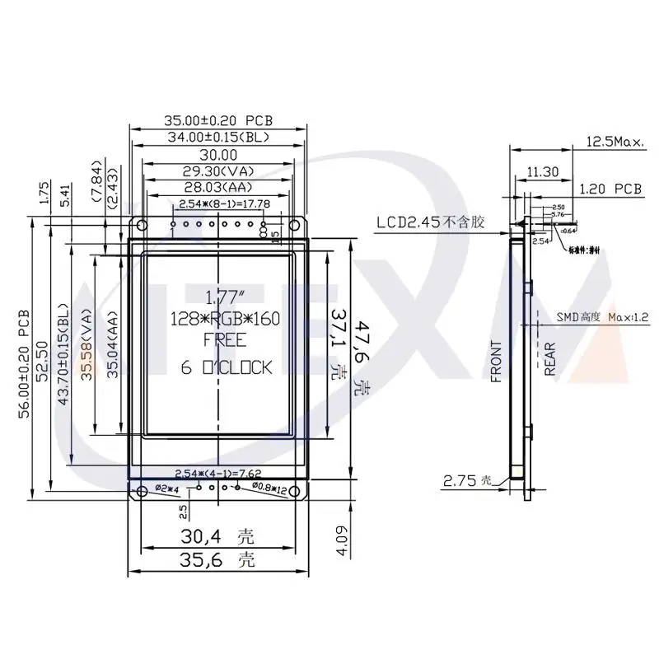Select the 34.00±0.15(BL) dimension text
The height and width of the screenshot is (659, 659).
[x=219, y=137]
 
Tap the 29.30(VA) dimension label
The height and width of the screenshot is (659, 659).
[x=219, y=172]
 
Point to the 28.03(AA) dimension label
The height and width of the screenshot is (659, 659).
[x=219, y=189]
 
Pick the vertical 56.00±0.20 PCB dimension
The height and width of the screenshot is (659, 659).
[x=24, y=364]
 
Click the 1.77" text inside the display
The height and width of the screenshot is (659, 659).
[x=219, y=297]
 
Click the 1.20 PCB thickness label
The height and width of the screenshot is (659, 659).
[x=610, y=189]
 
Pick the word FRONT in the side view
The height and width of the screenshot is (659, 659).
[x=496, y=362]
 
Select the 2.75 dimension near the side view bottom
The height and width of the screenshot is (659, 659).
[x=460, y=480]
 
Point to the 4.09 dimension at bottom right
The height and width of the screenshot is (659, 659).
[x=342, y=545]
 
